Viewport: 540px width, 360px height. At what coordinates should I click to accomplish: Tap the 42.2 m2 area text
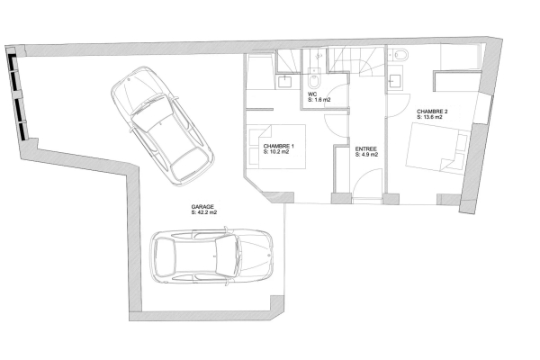[207, 212]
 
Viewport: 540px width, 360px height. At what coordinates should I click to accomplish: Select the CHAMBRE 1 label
[279, 146]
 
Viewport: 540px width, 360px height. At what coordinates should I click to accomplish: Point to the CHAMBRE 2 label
[432, 112]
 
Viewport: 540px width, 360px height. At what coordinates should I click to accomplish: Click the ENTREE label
[366, 149]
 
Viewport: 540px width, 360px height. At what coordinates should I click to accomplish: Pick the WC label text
[312, 94]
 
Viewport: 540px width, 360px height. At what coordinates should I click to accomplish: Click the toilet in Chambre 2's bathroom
[399, 54]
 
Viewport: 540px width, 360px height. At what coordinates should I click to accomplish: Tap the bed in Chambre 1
[276, 147]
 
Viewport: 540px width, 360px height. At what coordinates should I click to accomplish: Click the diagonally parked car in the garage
[162, 126]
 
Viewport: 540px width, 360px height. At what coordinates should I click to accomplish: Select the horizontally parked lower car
[211, 256]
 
